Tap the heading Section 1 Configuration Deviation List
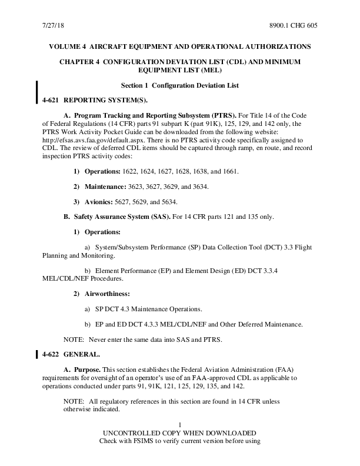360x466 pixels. point(179,86)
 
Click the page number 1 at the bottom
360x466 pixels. point(179,425)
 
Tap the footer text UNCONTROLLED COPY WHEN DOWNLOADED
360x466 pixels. point(179,432)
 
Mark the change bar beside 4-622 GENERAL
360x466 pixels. point(38,354)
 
